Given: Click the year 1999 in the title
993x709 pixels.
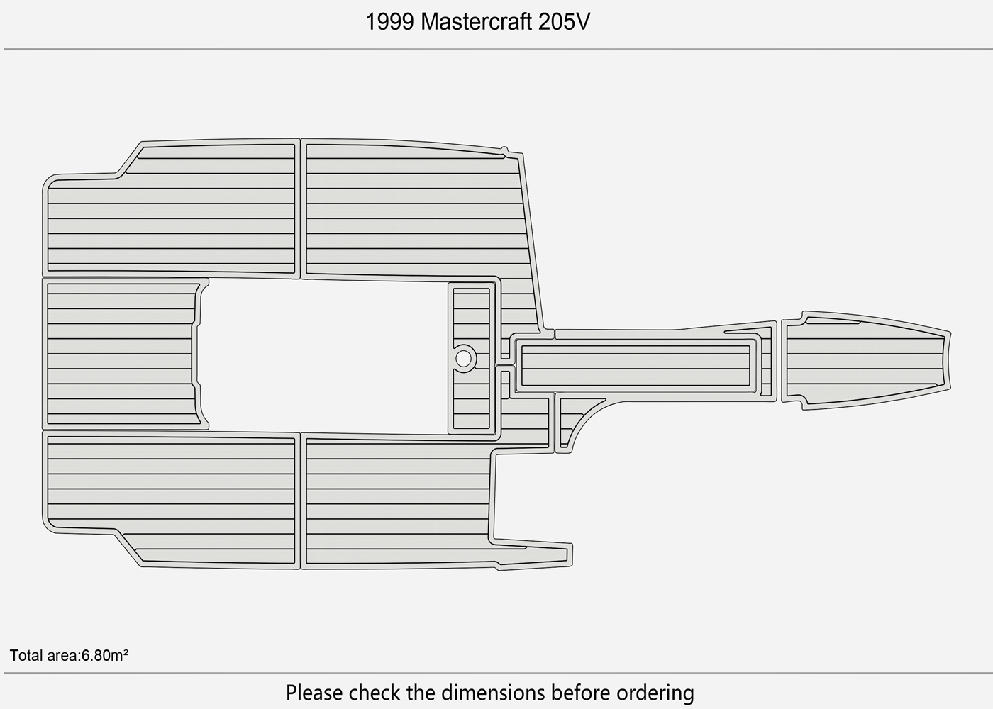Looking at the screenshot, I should point(389,22).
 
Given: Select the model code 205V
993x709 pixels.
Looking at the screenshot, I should point(564,22).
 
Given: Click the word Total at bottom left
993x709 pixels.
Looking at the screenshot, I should point(26,655).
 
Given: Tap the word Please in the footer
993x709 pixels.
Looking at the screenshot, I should point(315,692).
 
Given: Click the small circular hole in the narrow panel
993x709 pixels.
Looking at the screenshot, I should point(463,359).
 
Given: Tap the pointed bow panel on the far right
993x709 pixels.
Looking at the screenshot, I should point(865,360).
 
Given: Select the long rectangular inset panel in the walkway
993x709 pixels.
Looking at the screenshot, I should point(635,366).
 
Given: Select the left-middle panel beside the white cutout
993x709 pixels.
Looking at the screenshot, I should point(121,353).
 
